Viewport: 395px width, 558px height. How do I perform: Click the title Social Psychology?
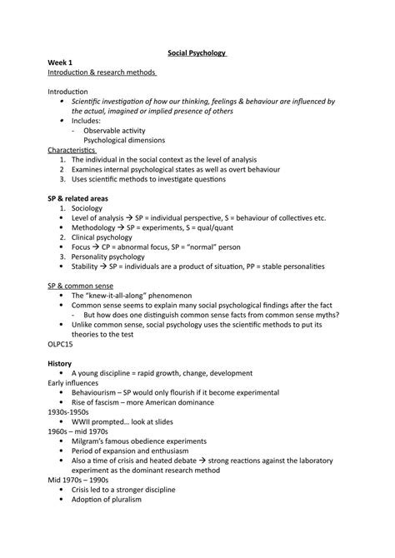(197, 52)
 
